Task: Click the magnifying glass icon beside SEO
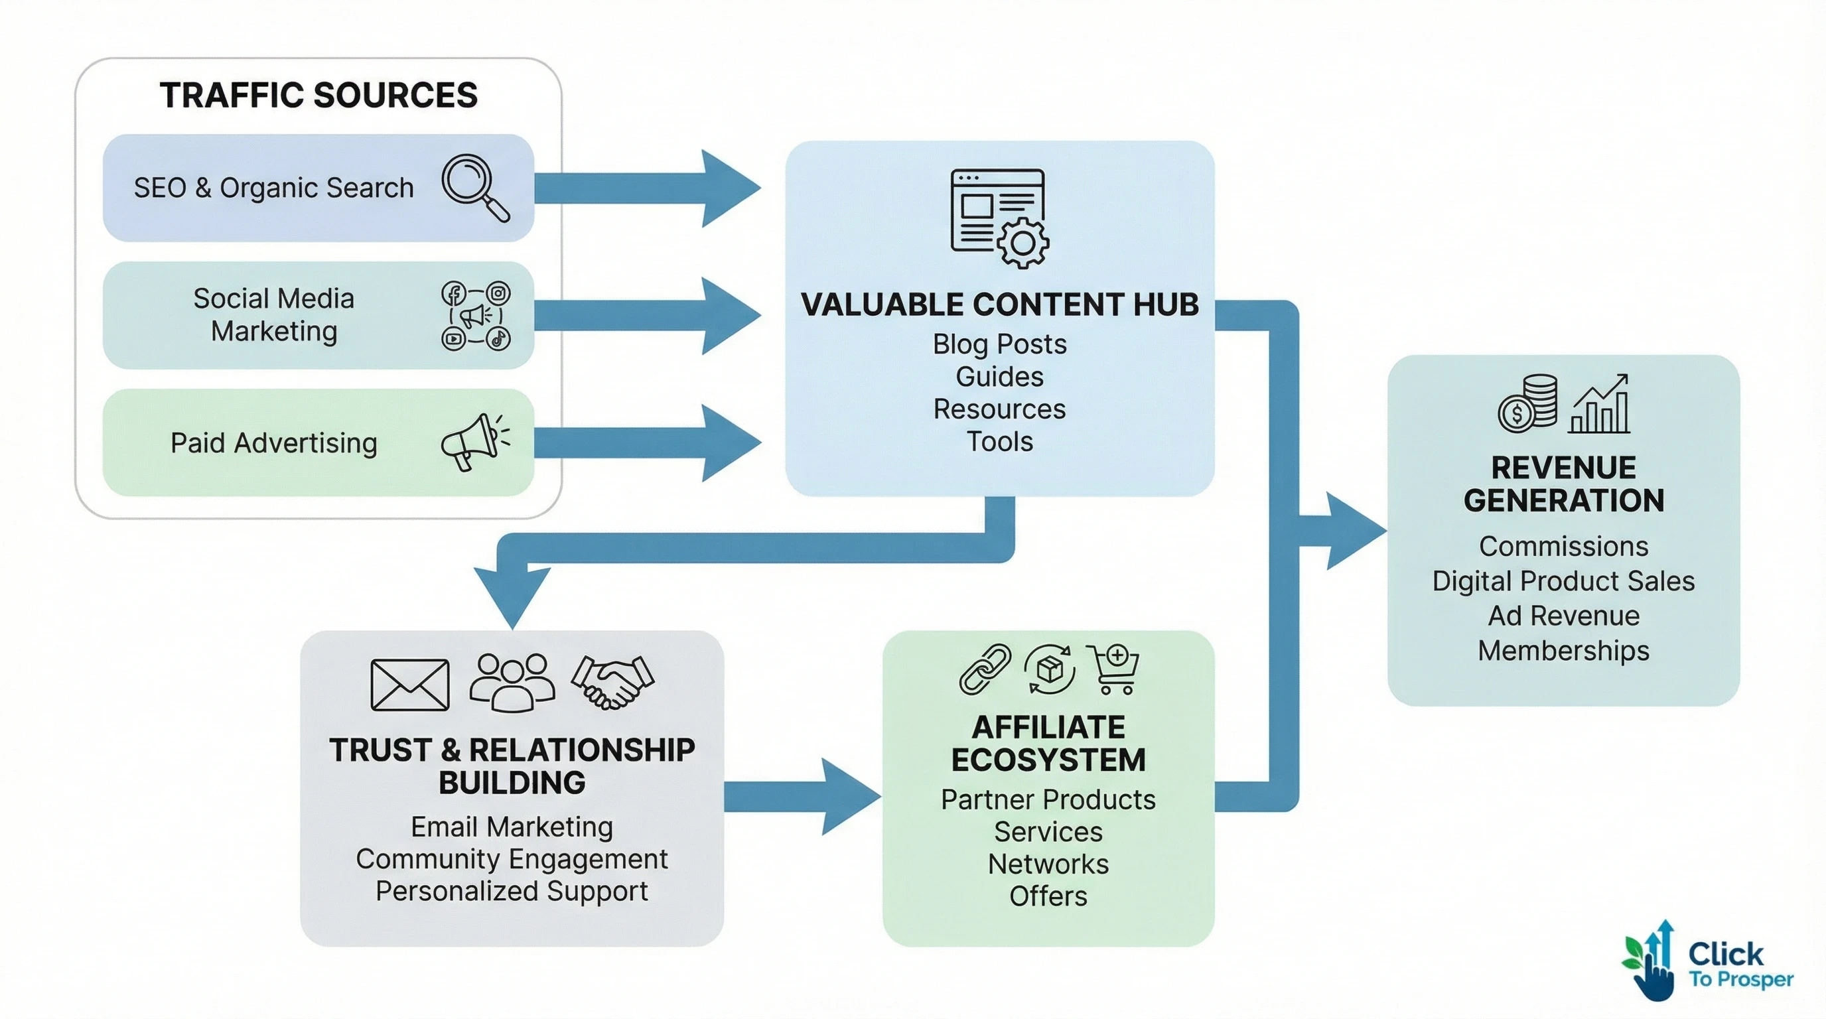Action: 474,187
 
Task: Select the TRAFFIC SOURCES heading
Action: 318,95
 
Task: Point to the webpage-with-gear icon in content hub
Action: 999,218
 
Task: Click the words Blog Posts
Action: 999,344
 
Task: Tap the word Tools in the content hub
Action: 999,441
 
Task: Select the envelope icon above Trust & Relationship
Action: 409,684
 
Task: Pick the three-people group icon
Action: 512,682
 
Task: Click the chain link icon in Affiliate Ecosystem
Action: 985,668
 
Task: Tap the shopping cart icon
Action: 1113,668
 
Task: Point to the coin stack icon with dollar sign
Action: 1527,404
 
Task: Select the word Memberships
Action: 1563,651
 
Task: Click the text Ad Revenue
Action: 1563,616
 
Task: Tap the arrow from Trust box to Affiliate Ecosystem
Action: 801,797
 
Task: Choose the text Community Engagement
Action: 511,859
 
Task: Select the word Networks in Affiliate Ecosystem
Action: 1048,864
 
